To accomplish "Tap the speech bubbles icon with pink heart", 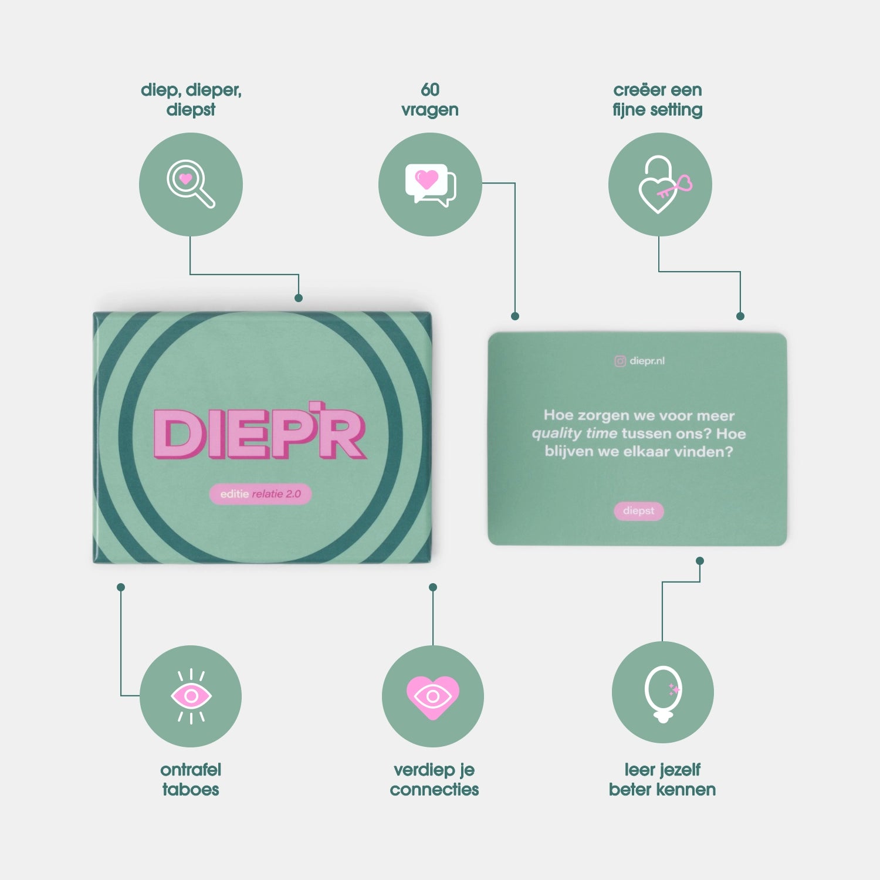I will [x=430, y=184].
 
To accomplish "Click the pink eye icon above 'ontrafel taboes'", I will [x=191, y=696].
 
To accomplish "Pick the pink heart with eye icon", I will [x=433, y=696].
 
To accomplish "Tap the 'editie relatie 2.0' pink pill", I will [x=260, y=494].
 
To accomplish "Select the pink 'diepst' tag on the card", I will [x=639, y=511].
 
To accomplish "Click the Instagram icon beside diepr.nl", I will [x=620, y=361].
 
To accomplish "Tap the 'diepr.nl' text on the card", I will [x=647, y=361].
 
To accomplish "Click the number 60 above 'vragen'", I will [x=430, y=90].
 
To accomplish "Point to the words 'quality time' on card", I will [x=574, y=434].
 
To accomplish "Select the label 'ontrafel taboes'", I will [x=191, y=779].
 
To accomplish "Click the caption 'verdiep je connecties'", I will [x=434, y=779].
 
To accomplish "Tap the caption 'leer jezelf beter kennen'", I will [x=662, y=779].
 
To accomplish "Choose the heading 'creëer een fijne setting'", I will [x=658, y=100].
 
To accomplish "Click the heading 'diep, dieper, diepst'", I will [x=191, y=100].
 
